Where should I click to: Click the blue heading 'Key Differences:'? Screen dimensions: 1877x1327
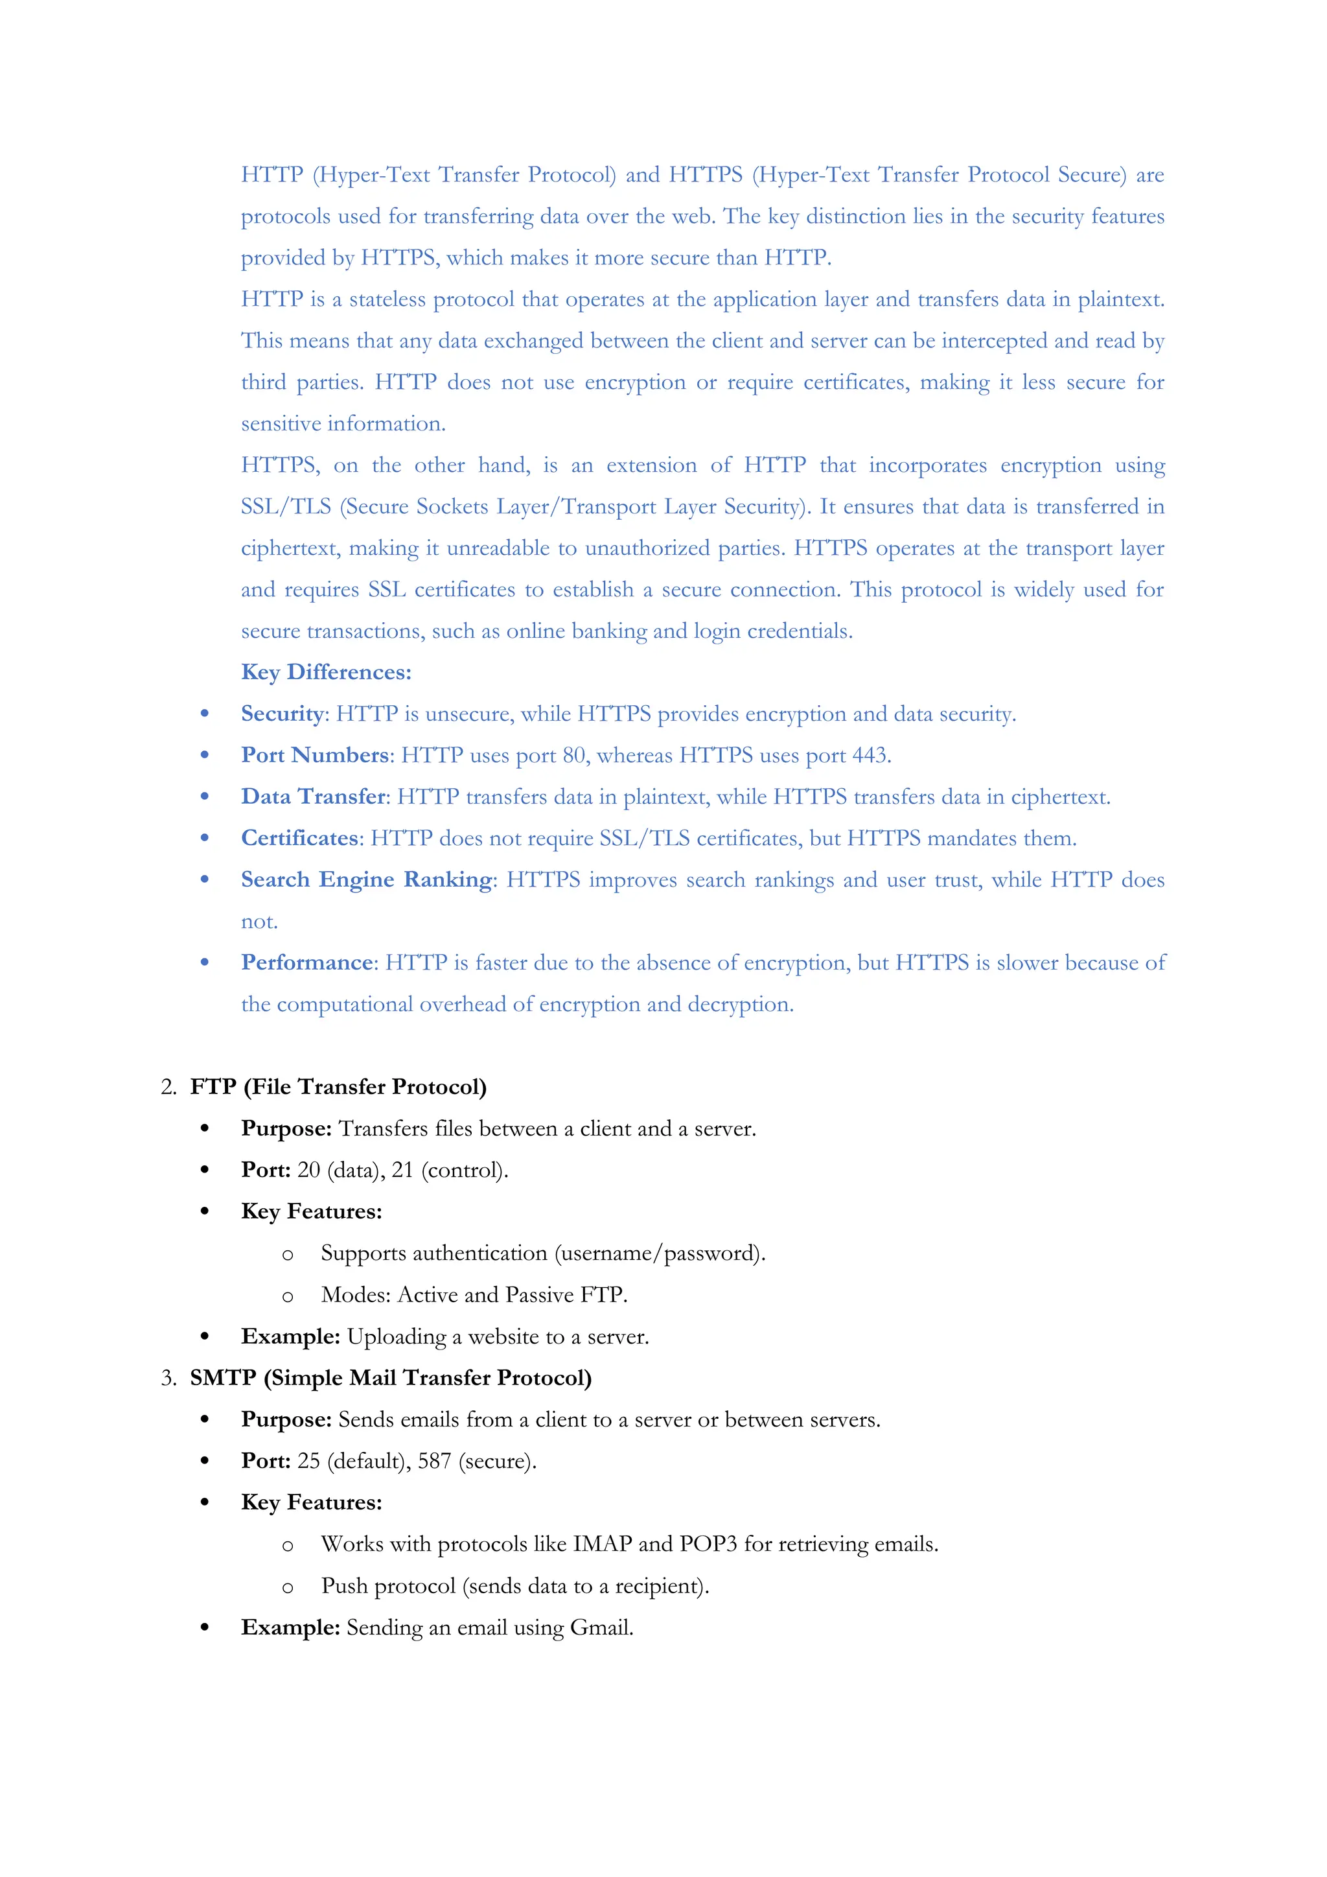[326, 672]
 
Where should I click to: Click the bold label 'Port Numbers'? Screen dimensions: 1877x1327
[315, 755]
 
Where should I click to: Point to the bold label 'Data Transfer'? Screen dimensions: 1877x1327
[313, 797]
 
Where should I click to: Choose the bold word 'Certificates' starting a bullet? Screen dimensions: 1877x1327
[300, 838]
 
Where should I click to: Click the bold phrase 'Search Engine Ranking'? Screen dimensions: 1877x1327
[367, 880]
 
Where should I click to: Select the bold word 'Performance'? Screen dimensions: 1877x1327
[306, 962]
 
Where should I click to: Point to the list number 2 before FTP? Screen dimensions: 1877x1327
[168, 1088]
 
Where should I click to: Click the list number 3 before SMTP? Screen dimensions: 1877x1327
[168, 1379]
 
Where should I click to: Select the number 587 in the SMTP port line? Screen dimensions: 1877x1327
[434, 1461]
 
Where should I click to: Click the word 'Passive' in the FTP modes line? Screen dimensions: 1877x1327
[539, 1295]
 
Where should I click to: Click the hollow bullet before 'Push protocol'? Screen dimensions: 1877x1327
[287, 1587]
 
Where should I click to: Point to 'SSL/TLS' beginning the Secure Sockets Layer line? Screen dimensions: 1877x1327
[285, 507]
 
